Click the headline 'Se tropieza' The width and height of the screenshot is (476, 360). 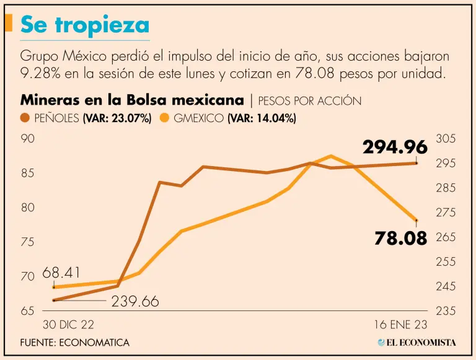tap(85, 24)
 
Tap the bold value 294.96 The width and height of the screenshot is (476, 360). tap(395, 147)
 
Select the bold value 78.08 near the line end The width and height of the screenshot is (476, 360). tap(400, 238)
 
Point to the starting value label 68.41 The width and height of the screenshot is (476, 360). tap(61, 273)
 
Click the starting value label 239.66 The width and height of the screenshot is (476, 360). tap(135, 302)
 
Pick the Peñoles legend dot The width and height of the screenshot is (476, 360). tap(25, 118)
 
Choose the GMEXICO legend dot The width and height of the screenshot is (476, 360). tap(165, 118)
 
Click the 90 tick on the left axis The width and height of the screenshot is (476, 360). tap(28, 139)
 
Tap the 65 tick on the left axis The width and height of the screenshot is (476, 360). tap(28, 311)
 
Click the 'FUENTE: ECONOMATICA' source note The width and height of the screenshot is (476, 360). tap(74, 342)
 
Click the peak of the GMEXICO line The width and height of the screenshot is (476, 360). tap(330, 156)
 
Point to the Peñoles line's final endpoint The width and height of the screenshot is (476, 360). tap(416, 163)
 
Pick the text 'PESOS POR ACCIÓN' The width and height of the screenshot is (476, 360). tap(309, 100)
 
